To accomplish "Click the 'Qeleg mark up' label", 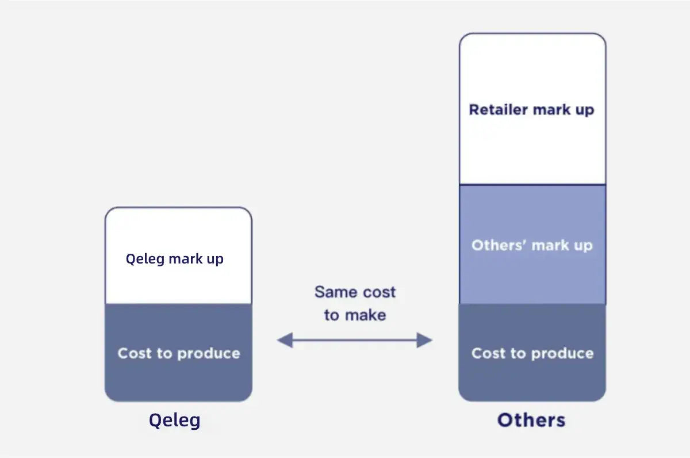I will (175, 259).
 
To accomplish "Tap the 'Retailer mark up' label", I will (531, 109).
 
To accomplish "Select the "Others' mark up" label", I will (531, 246).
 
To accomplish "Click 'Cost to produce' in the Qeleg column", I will (179, 353).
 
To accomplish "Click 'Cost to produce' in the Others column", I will (532, 353).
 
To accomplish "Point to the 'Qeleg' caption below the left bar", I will (175, 420).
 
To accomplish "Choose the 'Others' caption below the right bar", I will (531, 419).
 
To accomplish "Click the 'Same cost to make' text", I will (355, 303).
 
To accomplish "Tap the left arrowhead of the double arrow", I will (284, 341).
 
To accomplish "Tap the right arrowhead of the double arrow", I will (425, 341).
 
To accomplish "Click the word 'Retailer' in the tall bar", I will (498, 109).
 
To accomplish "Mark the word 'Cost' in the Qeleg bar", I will (134, 353).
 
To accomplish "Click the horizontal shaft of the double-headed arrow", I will (355, 341).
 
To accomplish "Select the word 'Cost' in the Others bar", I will (488, 353).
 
